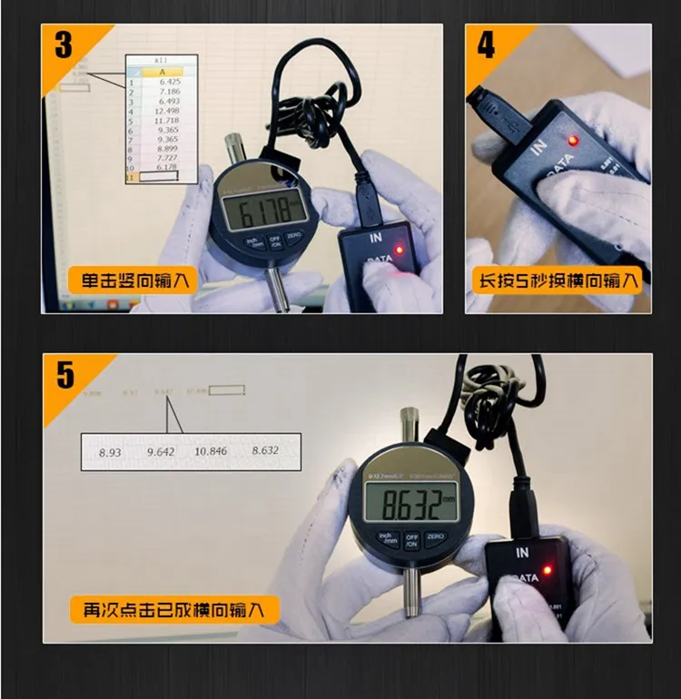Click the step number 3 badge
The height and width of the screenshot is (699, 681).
tap(64, 45)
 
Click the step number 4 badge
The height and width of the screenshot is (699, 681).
tap(487, 45)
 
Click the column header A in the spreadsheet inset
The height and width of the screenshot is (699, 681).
tap(162, 71)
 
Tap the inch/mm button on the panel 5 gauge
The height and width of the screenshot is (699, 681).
tap(388, 539)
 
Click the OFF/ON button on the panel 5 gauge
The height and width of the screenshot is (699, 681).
tap(412, 541)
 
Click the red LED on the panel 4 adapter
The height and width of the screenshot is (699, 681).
tap(573, 140)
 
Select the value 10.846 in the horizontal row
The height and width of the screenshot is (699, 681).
tap(211, 450)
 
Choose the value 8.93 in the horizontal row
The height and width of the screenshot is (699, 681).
tap(110, 450)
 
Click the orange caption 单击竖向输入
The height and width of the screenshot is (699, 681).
tap(133, 281)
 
